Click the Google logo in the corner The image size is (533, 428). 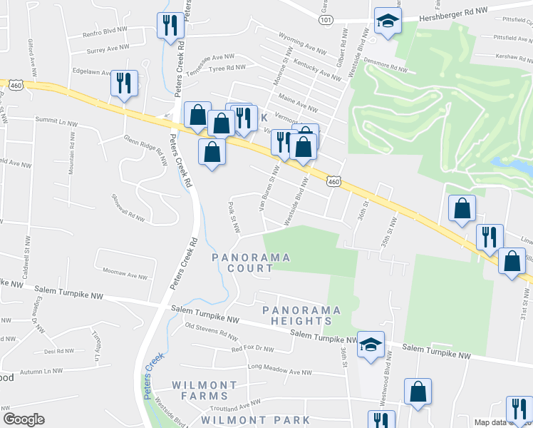pyautogui.click(x=24, y=419)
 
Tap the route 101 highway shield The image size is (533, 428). pyautogui.click(x=325, y=20)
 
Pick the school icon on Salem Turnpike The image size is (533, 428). pyautogui.click(x=371, y=344)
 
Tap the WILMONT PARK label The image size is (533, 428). pyautogui.click(x=255, y=419)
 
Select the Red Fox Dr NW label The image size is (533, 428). pyautogui.click(x=252, y=348)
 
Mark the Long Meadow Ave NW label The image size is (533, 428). pyautogui.click(x=280, y=371)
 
